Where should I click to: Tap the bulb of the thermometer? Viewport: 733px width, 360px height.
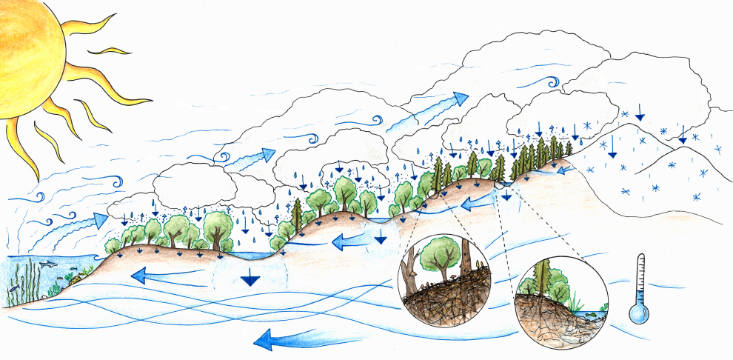[637, 313]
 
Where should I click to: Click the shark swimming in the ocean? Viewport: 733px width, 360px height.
[47, 264]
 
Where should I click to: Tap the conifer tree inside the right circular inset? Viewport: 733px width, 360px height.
[544, 278]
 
